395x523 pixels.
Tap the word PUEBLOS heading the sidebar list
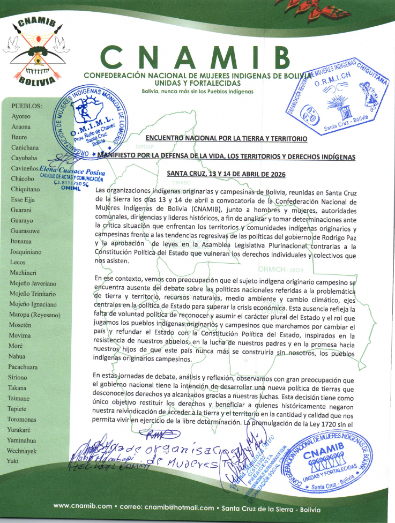coord(27,106)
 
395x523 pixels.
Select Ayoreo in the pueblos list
coord(21,116)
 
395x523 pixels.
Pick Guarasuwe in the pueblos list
coord(26,231)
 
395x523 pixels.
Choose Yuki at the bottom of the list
coord(13,460)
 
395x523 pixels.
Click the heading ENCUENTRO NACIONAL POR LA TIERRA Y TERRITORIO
coord(227,139)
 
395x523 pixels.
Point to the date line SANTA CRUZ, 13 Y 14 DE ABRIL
coord(226,174)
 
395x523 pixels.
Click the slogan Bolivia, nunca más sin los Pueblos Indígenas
coord(197,91)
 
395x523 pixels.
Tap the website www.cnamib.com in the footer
coord(83,506)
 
